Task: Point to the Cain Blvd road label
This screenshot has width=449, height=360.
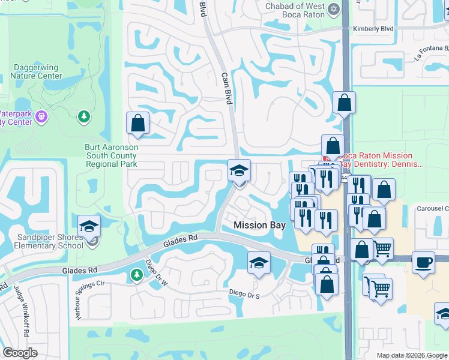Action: [x=226, y=89]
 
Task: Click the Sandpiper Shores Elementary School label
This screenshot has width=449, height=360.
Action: [x=42, y=242]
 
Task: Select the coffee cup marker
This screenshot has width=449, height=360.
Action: [x=423, y=262]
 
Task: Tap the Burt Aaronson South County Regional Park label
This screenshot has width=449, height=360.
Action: [x=111, y=155]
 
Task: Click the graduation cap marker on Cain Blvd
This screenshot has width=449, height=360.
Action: [x=239, y=172]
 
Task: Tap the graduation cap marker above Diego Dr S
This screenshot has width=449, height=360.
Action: [x=259, y=263]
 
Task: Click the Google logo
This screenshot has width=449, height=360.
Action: [x=20, y=353]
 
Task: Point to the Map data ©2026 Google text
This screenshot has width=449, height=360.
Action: [x=412, y=355]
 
